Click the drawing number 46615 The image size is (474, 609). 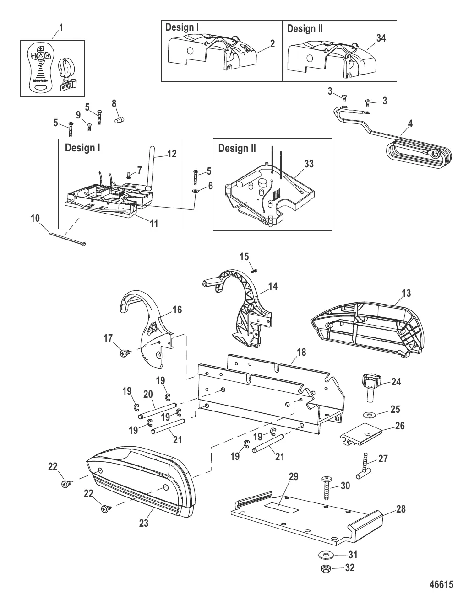point(441,584)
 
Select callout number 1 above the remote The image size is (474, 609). point(60,28)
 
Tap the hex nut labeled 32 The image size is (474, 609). point(326,569)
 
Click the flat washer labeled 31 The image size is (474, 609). point(326,556)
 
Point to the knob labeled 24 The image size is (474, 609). point(369,383)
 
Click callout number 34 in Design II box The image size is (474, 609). point(381,38)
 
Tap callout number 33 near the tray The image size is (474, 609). point(309,164)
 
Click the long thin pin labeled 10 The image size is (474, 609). point(66,239)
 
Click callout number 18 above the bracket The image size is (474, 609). point(301,353)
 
